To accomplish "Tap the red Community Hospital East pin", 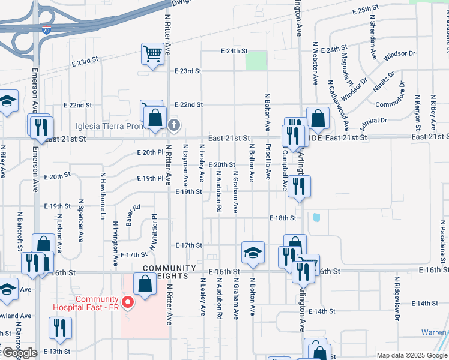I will [x=127, y=302].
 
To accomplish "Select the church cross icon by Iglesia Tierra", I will [x=173, y=125].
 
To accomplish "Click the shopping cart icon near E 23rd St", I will [x=152, y=55].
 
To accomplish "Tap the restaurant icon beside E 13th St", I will [x=59, y=328].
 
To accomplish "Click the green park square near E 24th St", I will [x=256, y=61].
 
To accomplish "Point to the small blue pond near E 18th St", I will [x=316, y=217].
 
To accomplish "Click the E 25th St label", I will [x=367, y=11].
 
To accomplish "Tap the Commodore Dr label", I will [x=391, y=104].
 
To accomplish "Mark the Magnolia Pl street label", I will [x=345, y=68].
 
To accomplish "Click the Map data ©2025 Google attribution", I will [x=412, y=355].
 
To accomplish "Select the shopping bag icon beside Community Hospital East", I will [x=145, y=284].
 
